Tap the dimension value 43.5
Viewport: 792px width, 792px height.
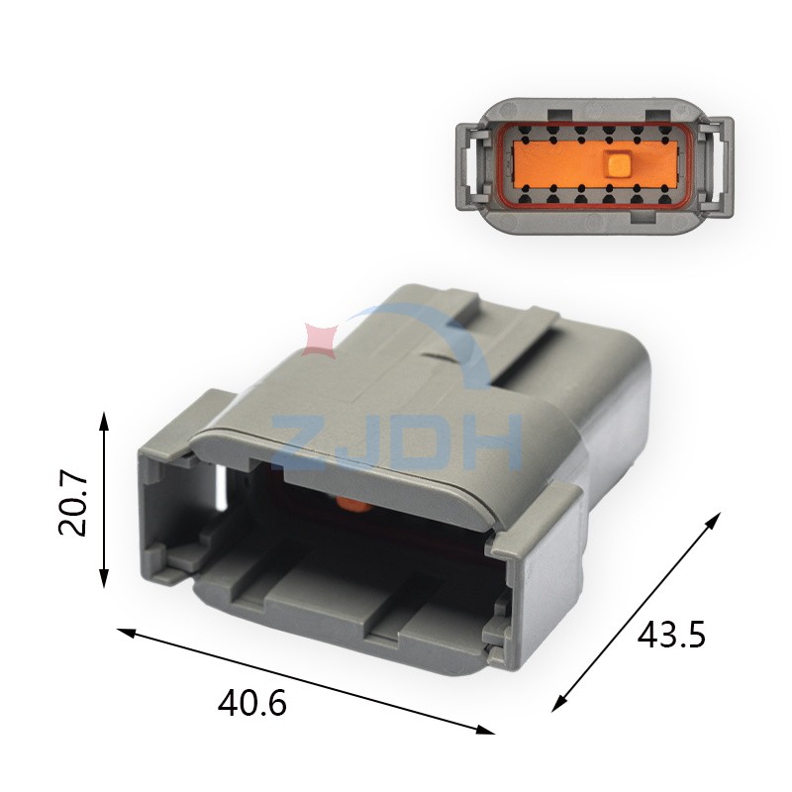point(670,635)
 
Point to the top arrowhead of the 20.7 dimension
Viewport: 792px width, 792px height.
point(104,419)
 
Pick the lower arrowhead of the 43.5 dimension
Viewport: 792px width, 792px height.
point(558,704)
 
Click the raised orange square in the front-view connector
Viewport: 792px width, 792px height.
point(618,163)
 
